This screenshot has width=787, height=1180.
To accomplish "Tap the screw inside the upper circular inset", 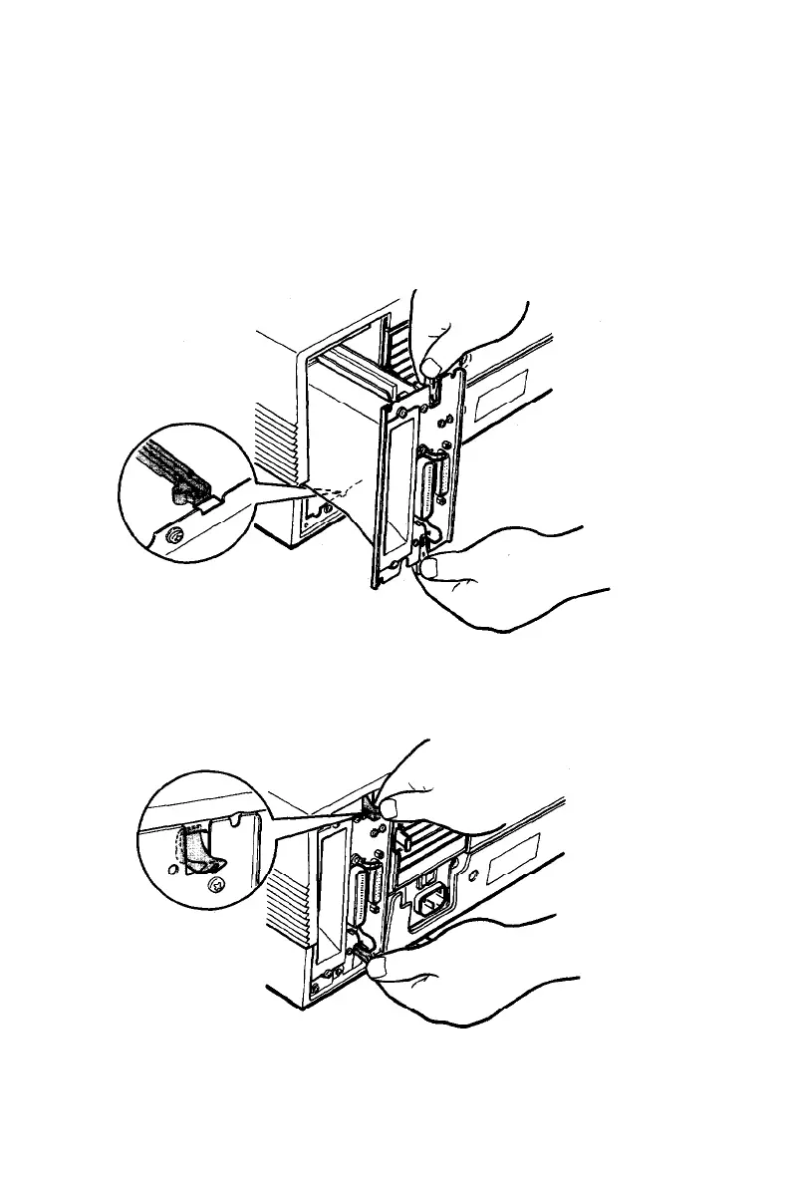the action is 175,535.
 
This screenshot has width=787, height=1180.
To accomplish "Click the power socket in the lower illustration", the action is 430,899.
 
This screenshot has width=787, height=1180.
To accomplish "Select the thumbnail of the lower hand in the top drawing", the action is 430,569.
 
